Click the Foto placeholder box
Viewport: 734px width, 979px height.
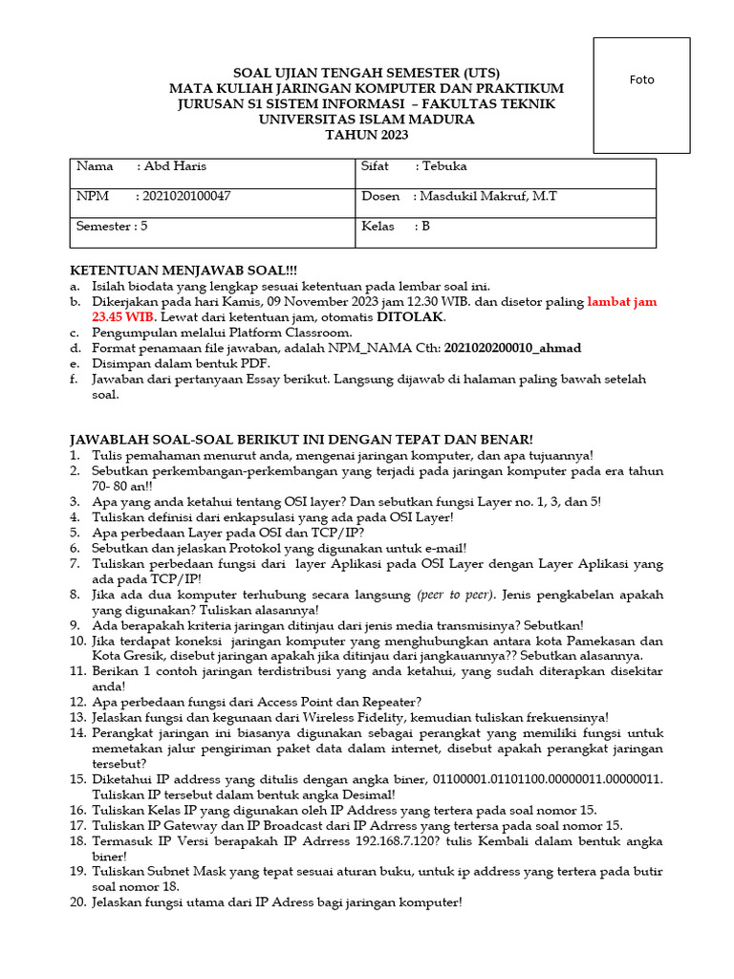pos(641,96)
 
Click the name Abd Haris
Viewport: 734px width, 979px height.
pos(174,166)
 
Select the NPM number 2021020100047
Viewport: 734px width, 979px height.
pos(185,196)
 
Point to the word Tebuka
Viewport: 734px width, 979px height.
pos(444,166)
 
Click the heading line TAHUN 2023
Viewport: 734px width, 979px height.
pos(367,135)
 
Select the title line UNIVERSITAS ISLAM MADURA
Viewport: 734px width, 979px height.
pos(367,120)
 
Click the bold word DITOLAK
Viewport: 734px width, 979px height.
pos(410,316)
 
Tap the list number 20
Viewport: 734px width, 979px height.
pos(78,902)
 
